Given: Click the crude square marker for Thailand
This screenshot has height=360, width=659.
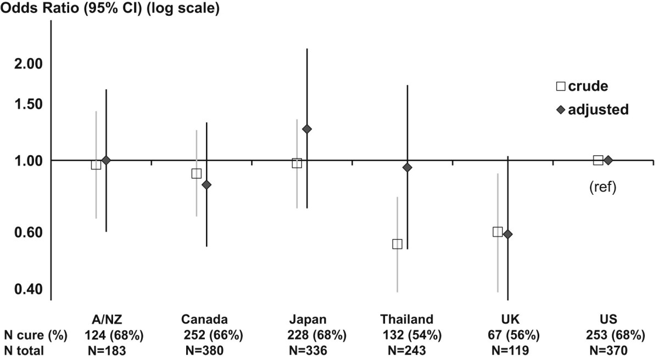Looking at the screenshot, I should click(397, 244).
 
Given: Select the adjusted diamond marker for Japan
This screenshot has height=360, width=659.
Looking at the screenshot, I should click(307, 129).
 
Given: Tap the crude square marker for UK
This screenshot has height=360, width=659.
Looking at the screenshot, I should click(498, 232).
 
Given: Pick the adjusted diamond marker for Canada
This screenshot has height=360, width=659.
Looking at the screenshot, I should click(206, 184).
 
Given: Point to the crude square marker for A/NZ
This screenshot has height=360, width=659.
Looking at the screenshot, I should click(96, 165).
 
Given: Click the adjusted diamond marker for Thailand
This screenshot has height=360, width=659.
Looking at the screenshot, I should click(407, 167).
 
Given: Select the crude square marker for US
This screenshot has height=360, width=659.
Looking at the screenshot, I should click(598, 160).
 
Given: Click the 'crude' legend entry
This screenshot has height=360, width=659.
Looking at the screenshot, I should click(582, 86).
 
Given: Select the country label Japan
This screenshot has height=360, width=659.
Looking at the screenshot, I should click(308, 320).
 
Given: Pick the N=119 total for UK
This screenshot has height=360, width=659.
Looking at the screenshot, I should click(508, 350).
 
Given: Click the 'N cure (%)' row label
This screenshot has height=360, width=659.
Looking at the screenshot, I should click(36, 335).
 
